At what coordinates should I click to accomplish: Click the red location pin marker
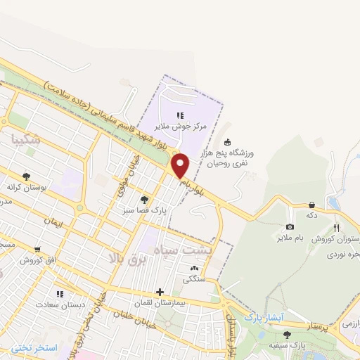click(181, 166)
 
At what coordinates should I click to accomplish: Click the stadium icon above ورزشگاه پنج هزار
click(227, 141)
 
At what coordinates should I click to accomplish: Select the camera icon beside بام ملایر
click(290, 227)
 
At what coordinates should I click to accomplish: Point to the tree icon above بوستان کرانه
click(27, 177)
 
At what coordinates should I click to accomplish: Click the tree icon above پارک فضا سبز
click(145, 199)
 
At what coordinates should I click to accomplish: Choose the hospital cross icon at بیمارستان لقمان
click(160, 292)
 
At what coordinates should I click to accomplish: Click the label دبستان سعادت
click(60, 304)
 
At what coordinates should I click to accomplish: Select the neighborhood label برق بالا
click(126, 259)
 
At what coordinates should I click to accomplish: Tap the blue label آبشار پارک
click(262, 318)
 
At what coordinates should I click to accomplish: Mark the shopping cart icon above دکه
click(311, 205)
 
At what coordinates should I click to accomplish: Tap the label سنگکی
click(194, 278)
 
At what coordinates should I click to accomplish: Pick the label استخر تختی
click(34, 349)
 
